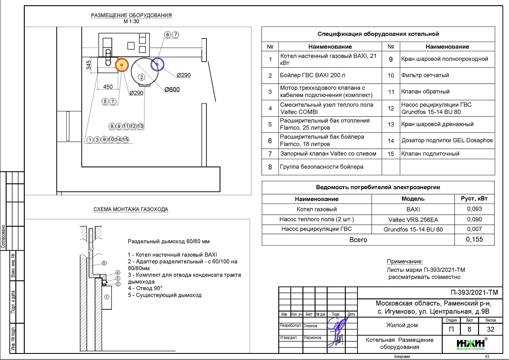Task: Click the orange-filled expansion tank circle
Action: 121,65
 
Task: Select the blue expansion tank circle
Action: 157,64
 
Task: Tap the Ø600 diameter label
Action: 172,90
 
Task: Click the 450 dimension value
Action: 107,87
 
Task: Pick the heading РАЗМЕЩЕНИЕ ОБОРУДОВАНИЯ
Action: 131,15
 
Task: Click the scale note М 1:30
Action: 131,21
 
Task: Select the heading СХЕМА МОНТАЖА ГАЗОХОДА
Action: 131,209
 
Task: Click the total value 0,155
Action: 474,239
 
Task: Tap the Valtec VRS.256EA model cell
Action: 413,219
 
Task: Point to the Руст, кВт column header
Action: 474,199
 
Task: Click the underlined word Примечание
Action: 405,262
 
